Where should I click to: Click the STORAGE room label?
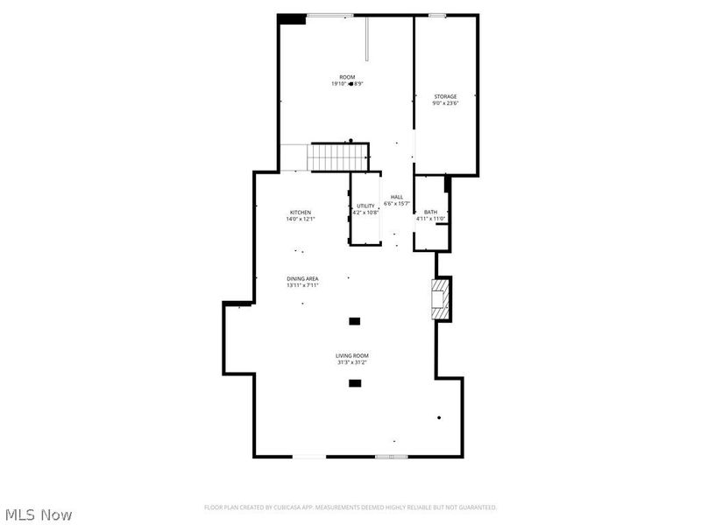coord(445,96)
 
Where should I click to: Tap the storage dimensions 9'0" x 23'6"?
coord(445,103)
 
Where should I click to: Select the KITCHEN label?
coord(301,213)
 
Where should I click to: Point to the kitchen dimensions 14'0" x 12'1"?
coord(301,220)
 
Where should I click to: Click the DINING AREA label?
coord(302,278)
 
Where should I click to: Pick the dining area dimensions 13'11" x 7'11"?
coord(302,285)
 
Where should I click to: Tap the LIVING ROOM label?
coord(352,355)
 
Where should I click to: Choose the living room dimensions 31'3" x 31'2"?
coord(352,362)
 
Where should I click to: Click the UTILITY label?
coord(365,206)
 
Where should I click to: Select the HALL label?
coord(397,197)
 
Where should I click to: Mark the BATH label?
coord(430,212)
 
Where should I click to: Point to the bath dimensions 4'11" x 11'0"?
coord(431,219)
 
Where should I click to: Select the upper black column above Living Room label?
coord(355,322)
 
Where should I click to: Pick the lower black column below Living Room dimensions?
coord(355,383)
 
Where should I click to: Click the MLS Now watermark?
coord(39,514)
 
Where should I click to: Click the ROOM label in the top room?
coord(348,77)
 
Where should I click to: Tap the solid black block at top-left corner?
coord(292,19)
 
